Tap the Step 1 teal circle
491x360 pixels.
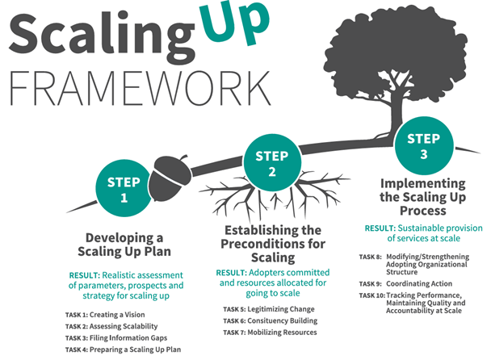[x=124, y=187]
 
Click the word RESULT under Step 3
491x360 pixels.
[x=379, y=228]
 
